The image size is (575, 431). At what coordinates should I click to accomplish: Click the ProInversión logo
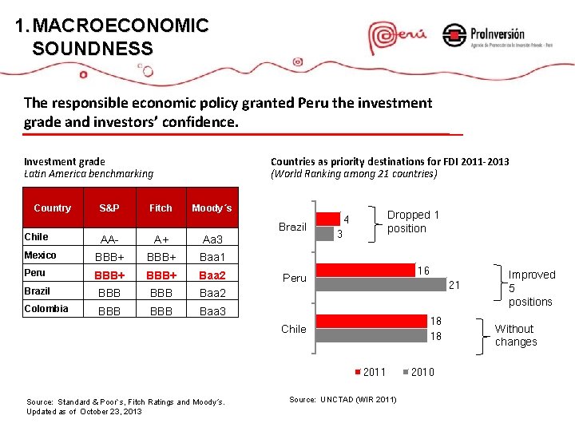point(483,36)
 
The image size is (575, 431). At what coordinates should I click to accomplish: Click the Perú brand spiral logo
point(396,36)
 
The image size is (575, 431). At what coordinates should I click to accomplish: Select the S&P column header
point(109,208)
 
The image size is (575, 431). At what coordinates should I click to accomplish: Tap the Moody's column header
point(212,208)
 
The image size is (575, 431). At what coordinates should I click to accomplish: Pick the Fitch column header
point(161,208)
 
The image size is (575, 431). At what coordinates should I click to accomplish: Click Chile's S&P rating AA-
point(109,239)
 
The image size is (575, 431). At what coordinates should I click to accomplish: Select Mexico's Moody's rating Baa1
point(212,257)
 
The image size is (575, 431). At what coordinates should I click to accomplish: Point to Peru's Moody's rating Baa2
point(212,275)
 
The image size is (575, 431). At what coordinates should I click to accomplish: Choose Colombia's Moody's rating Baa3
point(212,311)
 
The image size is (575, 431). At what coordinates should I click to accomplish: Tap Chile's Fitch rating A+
point(161,239)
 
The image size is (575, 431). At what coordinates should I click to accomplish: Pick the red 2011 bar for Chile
point(372,322)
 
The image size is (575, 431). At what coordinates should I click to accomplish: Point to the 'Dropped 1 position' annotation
point(413,222)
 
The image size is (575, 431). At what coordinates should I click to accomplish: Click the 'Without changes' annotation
point(516,335)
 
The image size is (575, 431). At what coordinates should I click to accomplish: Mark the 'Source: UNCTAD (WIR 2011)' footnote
point(342,398)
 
